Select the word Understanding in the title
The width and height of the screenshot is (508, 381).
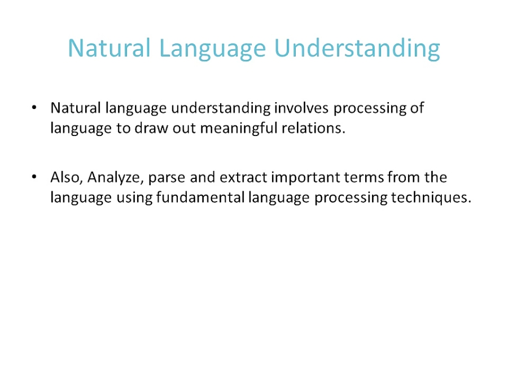357,49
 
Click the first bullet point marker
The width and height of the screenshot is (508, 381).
35,107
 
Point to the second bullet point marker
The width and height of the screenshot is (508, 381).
35,178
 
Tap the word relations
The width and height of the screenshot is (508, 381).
317,128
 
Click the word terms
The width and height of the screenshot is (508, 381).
366,178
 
